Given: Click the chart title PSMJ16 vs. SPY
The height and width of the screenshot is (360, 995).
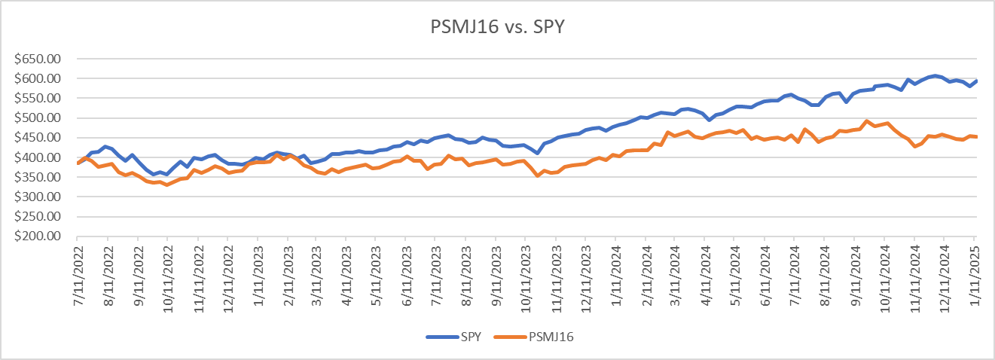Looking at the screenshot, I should pos(497,28).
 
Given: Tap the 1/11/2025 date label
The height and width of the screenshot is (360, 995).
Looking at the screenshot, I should pos(974,270).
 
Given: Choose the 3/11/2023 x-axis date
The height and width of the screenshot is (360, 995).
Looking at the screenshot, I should pos(317,270).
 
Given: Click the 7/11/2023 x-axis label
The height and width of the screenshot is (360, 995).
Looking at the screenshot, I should pos(436,270).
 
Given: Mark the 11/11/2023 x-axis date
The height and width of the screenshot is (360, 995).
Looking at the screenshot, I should pos(556,273).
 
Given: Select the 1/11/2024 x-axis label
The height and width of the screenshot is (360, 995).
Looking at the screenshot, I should pos(615,270).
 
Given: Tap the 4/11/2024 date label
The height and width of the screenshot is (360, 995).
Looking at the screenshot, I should pos(705,270).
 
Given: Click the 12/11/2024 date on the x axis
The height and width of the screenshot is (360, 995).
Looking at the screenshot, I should pos(944,273).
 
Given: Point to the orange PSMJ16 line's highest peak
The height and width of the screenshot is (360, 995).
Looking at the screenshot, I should pos(867,121).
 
